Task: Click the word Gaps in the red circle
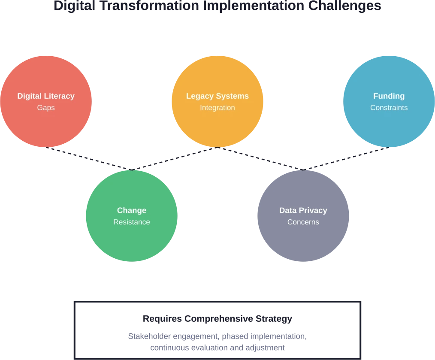[46, 108]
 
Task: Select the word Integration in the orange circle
[217, 108]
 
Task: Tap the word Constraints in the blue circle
[389, 108]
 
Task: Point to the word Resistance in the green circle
[132, 222]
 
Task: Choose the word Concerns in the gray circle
[303, 222]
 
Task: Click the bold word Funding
[389, 96]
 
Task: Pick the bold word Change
[132, 210]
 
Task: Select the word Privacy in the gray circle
[313, 210]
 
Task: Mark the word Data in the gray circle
[288, 210]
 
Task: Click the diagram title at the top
[216, 6]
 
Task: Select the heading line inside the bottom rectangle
[217, 319]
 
